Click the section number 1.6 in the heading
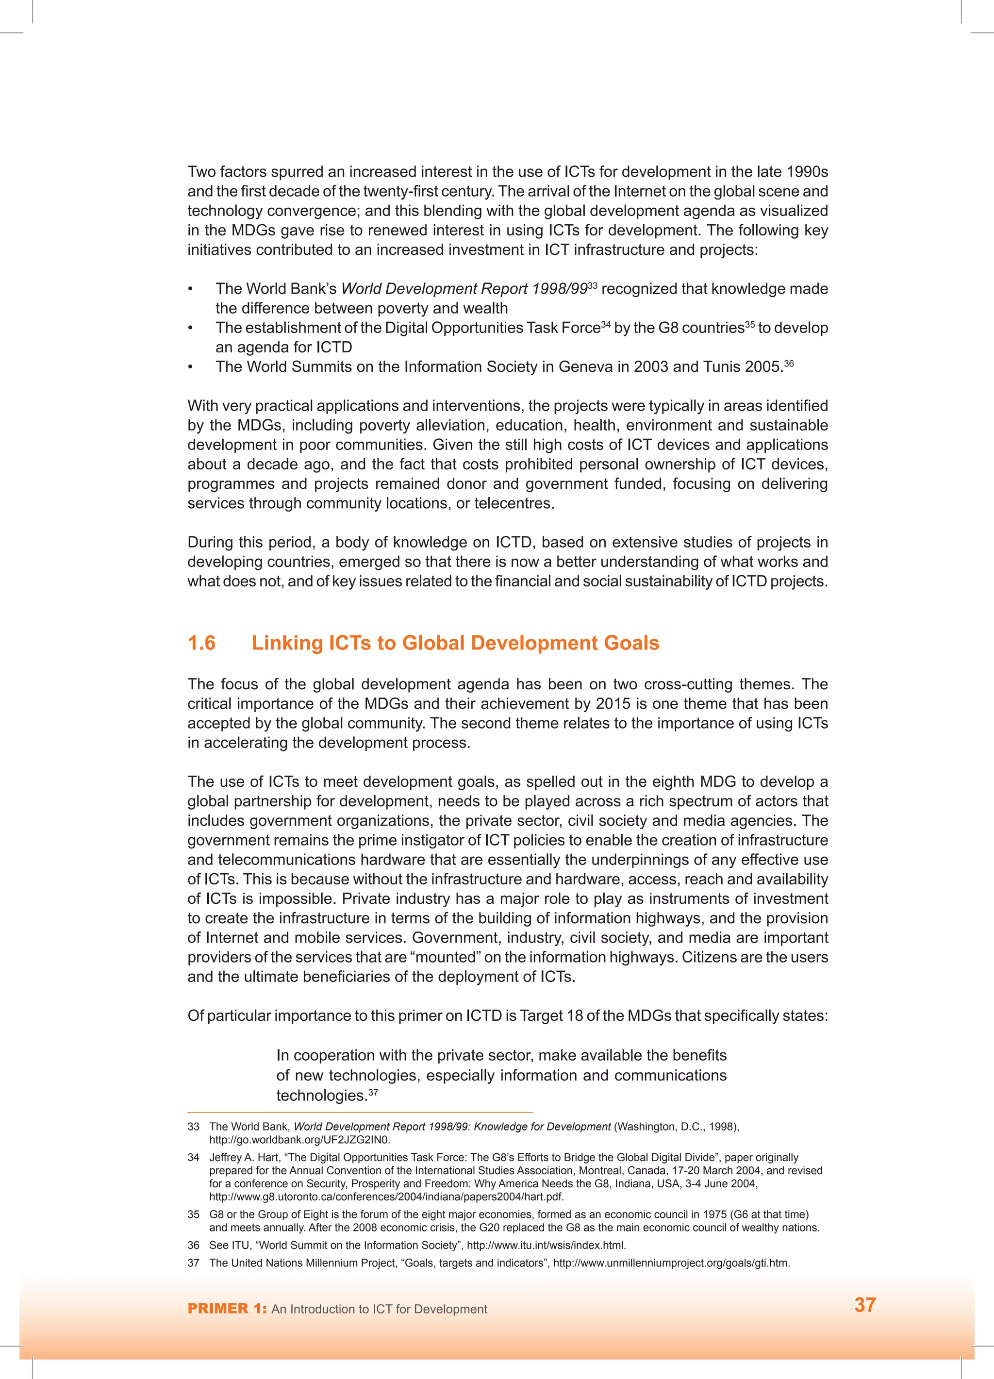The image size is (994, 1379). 201,643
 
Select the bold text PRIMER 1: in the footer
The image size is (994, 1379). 227,1309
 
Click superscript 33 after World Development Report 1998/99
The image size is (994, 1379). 592,284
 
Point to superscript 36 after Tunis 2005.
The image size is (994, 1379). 789,363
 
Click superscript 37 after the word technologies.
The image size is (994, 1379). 373,1092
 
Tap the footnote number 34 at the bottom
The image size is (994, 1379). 193,1158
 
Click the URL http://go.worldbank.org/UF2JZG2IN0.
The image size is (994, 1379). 300,1139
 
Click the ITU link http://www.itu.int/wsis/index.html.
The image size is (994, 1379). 546,1245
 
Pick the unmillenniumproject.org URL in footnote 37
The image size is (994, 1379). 671,1263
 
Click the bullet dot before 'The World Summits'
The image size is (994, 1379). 190,367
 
